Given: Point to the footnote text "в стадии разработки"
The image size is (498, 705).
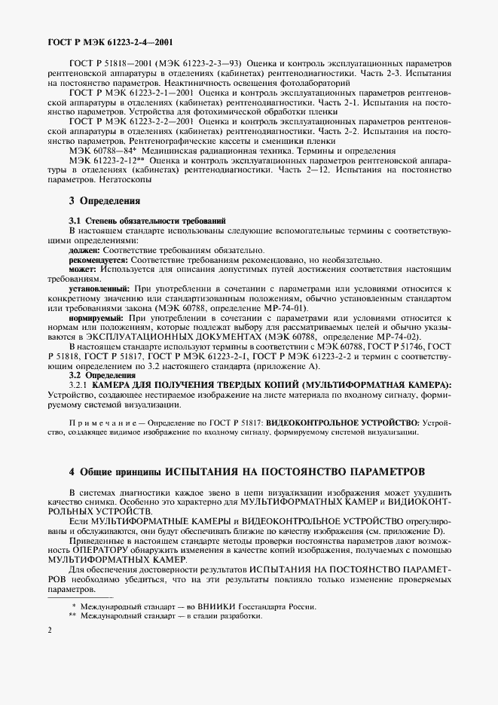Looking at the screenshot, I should tap(225, 615).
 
